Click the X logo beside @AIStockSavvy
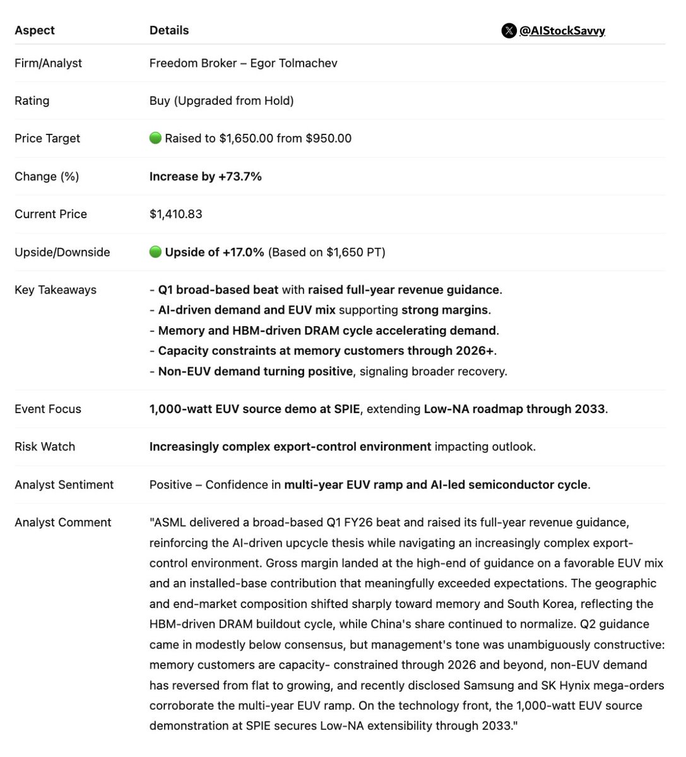coord(509,30)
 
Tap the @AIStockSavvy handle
coord(562,30)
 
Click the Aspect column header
coord(35,30)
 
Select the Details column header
coord(169,30)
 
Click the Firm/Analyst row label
coord(48,63)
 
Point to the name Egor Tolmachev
coord(293,63)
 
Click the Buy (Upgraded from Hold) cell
coord(222,101)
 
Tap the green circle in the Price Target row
coord(155,138)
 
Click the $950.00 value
coord(328,139)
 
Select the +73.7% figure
coord(240,177)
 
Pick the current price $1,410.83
coord(176,214)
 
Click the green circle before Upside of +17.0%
coord(155,252)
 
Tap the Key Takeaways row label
coord(56,290)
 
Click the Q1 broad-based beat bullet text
coord(218,290)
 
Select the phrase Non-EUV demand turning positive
coord(255,372)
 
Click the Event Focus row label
coord(48,409)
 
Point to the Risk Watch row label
coord(45,447)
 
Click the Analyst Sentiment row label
coord(64,484)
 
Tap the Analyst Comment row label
coord(63,522)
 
